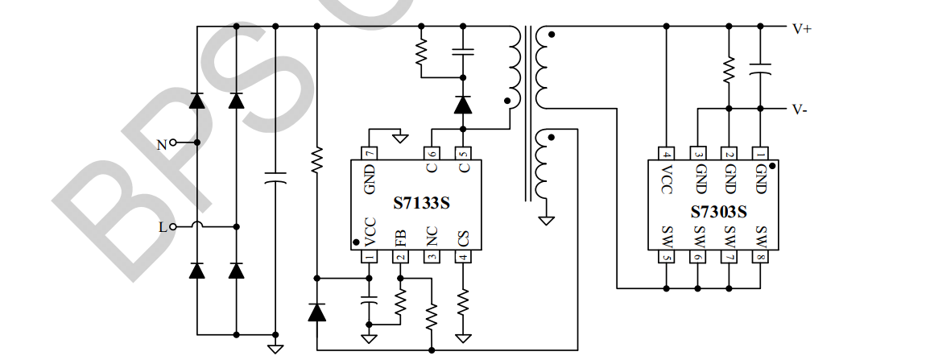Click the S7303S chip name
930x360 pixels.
click(x=719, y=212)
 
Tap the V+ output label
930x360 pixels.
click(x=802, y=29)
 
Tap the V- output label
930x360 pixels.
click(x=800, y=110)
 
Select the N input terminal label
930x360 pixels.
click(x=162, y=145)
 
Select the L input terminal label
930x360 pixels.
click(x=163, y=227)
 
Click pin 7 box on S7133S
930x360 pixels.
click(x=370, y=153)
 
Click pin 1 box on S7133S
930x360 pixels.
click(x=370, y=257)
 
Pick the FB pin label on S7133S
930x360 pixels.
click(x=400, y=238)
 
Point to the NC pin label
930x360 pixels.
click(x=432, y=238)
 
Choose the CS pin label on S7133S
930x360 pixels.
click(x=463, y=238)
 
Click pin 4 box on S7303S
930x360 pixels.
click(x=666, y=153)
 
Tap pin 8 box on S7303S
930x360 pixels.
click(x=760, y=257)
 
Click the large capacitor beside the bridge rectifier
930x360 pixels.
click(x=275, y=177)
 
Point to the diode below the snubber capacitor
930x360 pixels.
click(x=462, y=105)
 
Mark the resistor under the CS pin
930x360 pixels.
click(x=463, y=303)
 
